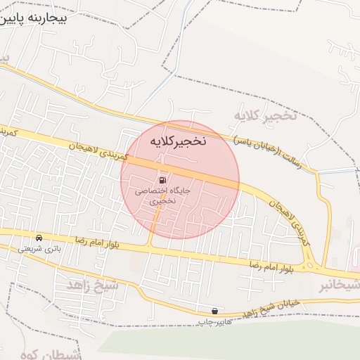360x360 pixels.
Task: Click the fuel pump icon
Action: click(x=164, y=179)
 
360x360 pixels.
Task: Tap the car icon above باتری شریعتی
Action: click(x=39, y=238)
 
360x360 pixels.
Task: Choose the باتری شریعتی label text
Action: click(x=39, y=248)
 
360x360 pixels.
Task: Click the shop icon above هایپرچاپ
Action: click(x=214, y=310)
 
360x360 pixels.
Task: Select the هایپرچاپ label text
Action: click(x=214, y=321)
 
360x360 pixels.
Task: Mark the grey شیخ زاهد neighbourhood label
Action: click(x=94, y=285)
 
